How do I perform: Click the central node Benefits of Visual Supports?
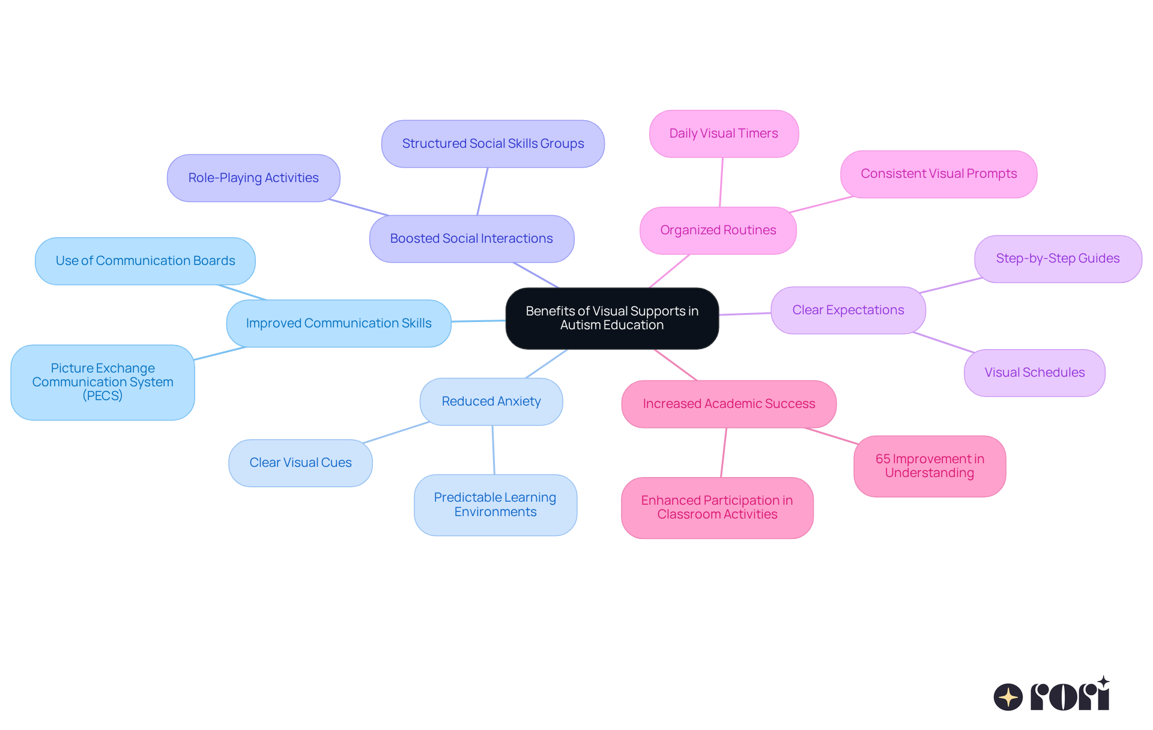pos(612,318)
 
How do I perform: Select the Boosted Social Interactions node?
pos(471,239)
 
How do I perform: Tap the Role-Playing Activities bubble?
pos(253,178)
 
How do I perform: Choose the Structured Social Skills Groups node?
pos(492,144)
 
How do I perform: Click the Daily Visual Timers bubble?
pos(724,133)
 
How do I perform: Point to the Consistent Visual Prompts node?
pos(939,174)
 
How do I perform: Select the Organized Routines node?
pos(718,230)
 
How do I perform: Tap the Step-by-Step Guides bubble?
pos(1058,258)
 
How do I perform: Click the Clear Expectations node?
pos(848,310)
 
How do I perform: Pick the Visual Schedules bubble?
pos(1034,373)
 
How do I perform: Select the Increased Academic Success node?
pos(728,404)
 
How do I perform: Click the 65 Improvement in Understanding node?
pos(930,466)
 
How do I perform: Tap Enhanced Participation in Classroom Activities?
pos(717,507)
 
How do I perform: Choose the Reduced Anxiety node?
pos(491,401)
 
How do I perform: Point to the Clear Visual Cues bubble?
pos(300,463)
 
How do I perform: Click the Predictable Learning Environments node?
pos(495,505)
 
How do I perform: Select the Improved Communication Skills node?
pos(339,323)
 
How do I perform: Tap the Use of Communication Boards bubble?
pos(145,261)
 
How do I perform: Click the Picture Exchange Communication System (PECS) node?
pos(103,382)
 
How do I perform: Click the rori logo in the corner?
pos(1052,695)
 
